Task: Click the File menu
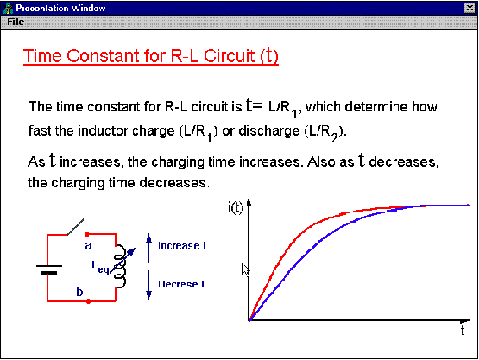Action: [16, 22]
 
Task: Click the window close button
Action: [470, 9]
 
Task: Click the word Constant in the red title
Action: [101, 56]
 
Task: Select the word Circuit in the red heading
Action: [229, 56]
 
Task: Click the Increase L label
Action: [183, 246]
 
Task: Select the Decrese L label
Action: [183, 284]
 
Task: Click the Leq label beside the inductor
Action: [100, 267]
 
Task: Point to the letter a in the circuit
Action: [88, 245]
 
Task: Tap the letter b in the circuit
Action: [79, 292]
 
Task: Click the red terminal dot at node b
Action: [89, 301]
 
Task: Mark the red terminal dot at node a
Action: [87, 235]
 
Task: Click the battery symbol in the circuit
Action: [49, 269]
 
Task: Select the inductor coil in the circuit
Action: [120, 266]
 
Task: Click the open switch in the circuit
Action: [75, 227]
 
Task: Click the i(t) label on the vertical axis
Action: [236, 207]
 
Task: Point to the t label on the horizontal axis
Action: [463, 331]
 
